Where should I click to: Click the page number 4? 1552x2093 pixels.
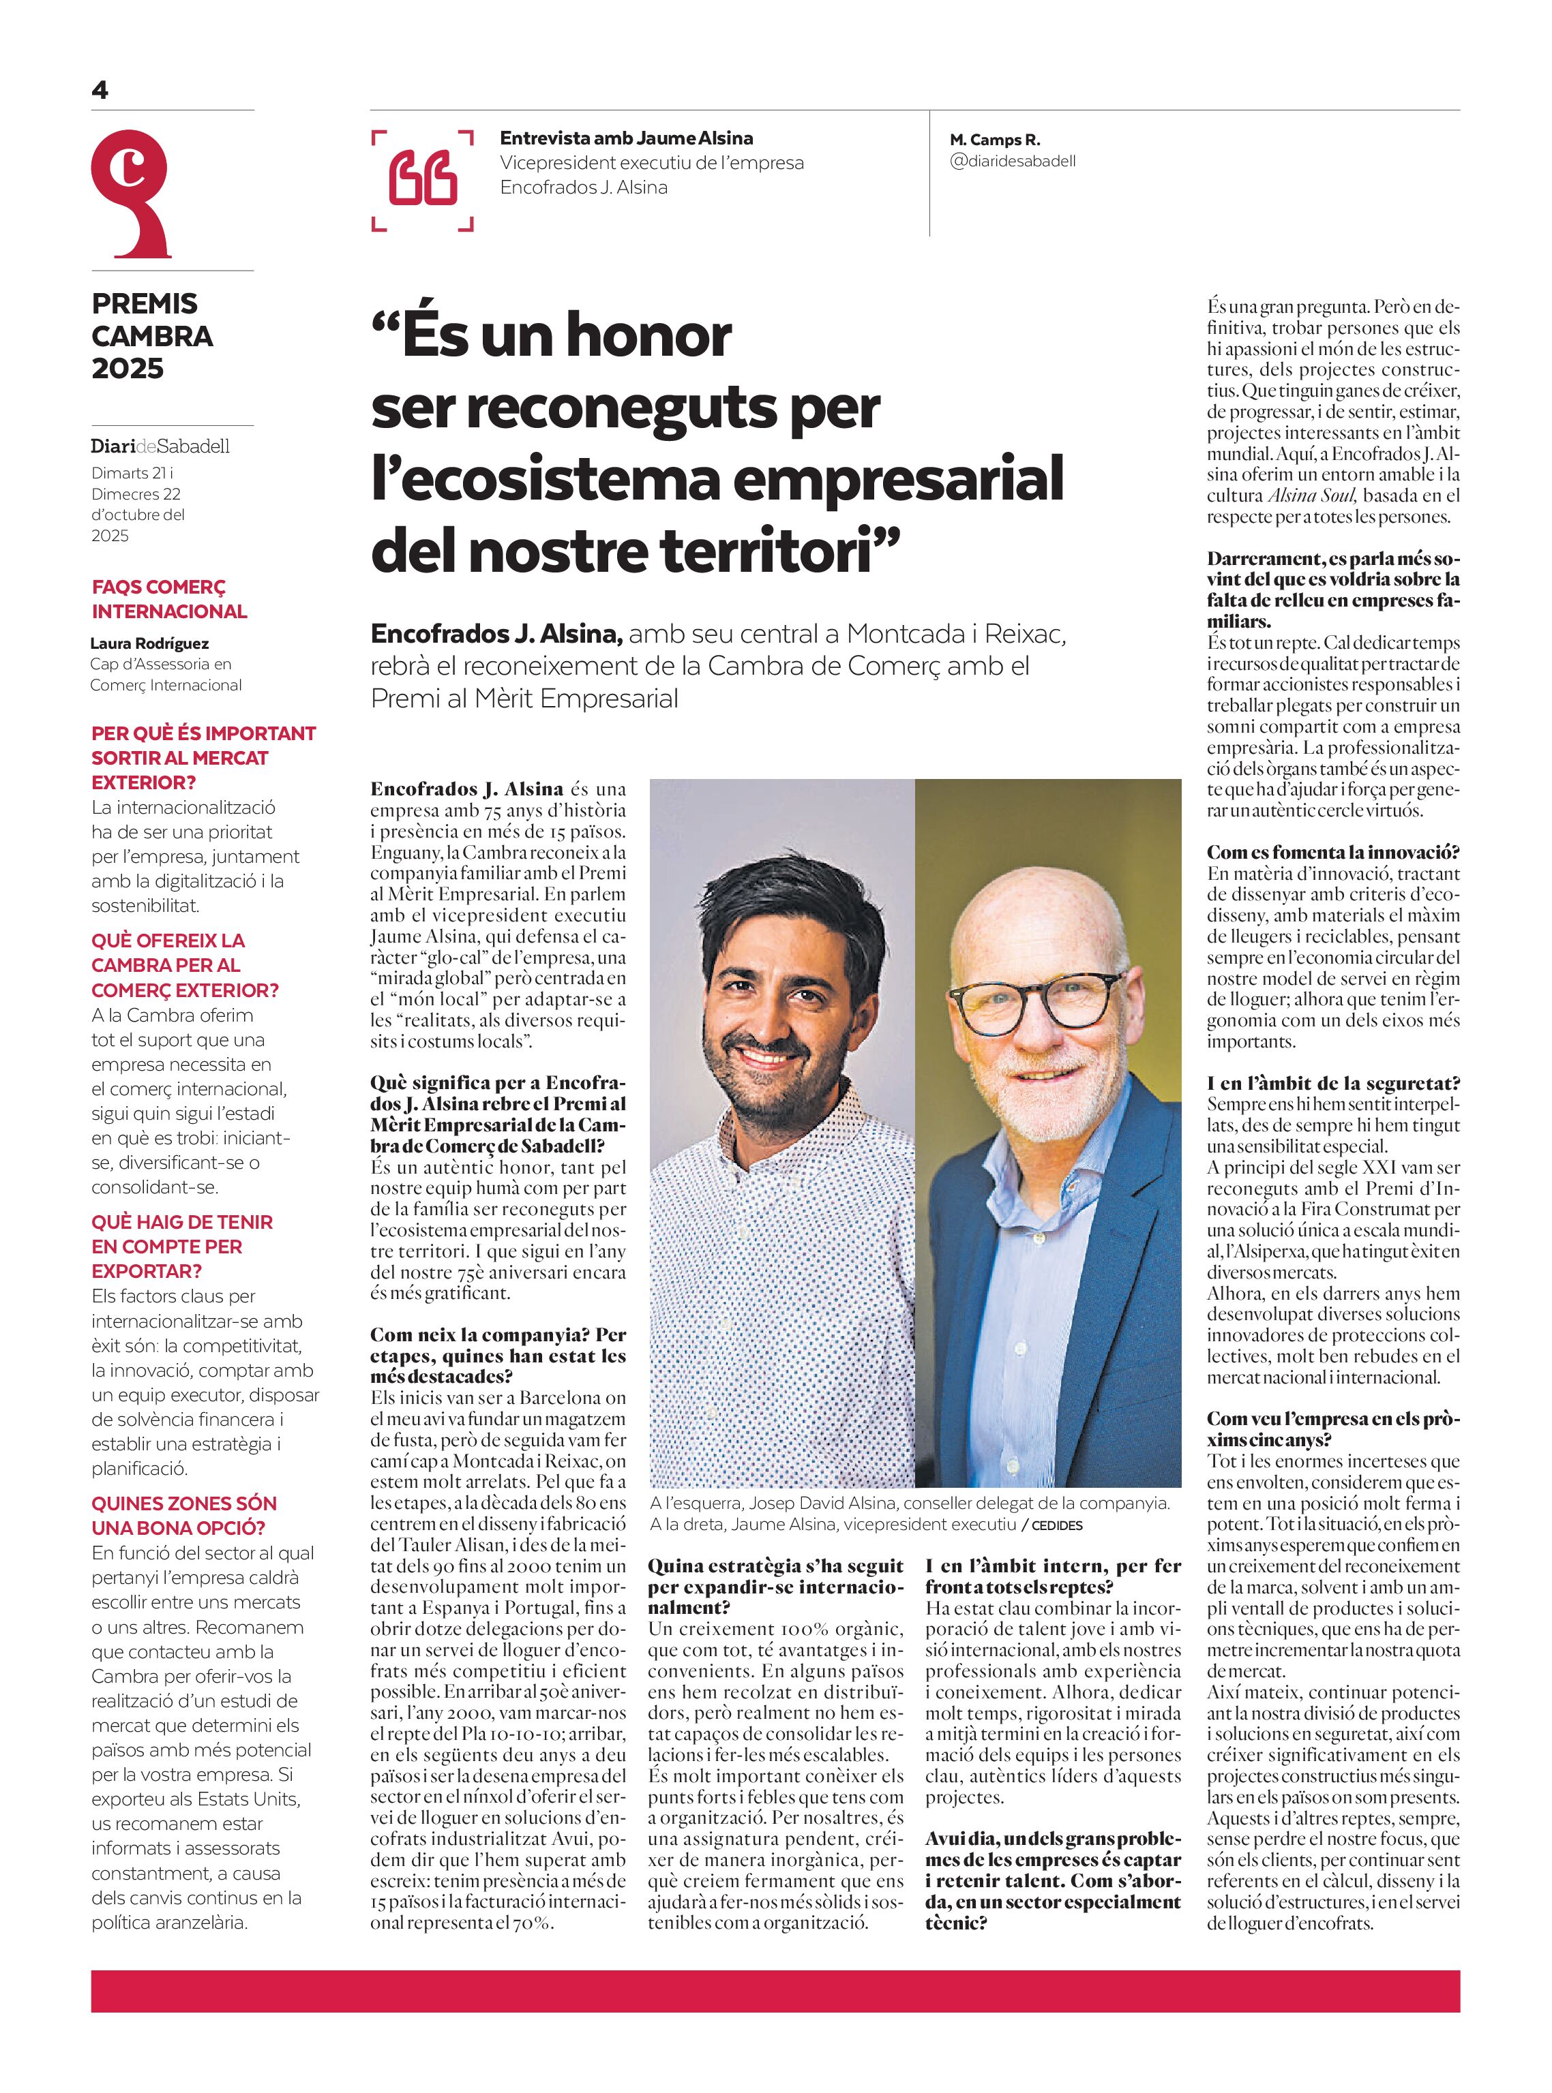pyautogui.click(x=100, y=90)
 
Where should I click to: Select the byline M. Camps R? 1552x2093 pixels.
pyautogui.click(x=994, y=140)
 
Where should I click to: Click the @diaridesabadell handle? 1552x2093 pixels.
pyautogui.click(x=1013, y=161)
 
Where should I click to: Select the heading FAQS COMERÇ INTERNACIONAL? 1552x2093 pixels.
pyautogui.click(x=169, y=599)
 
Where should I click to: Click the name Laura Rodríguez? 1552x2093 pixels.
pyautogui.click(x=149, y=643)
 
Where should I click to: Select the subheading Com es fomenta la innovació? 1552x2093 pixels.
pyautogui.click(x=1333, y=853)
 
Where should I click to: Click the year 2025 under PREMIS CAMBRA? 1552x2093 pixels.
pyautogui.click(x=128, y=368)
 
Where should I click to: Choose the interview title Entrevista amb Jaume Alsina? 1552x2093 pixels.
pyautogui.click(x=627, y=138)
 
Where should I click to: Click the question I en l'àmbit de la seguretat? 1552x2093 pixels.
pyautogui.click(x=1333, y=1084)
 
